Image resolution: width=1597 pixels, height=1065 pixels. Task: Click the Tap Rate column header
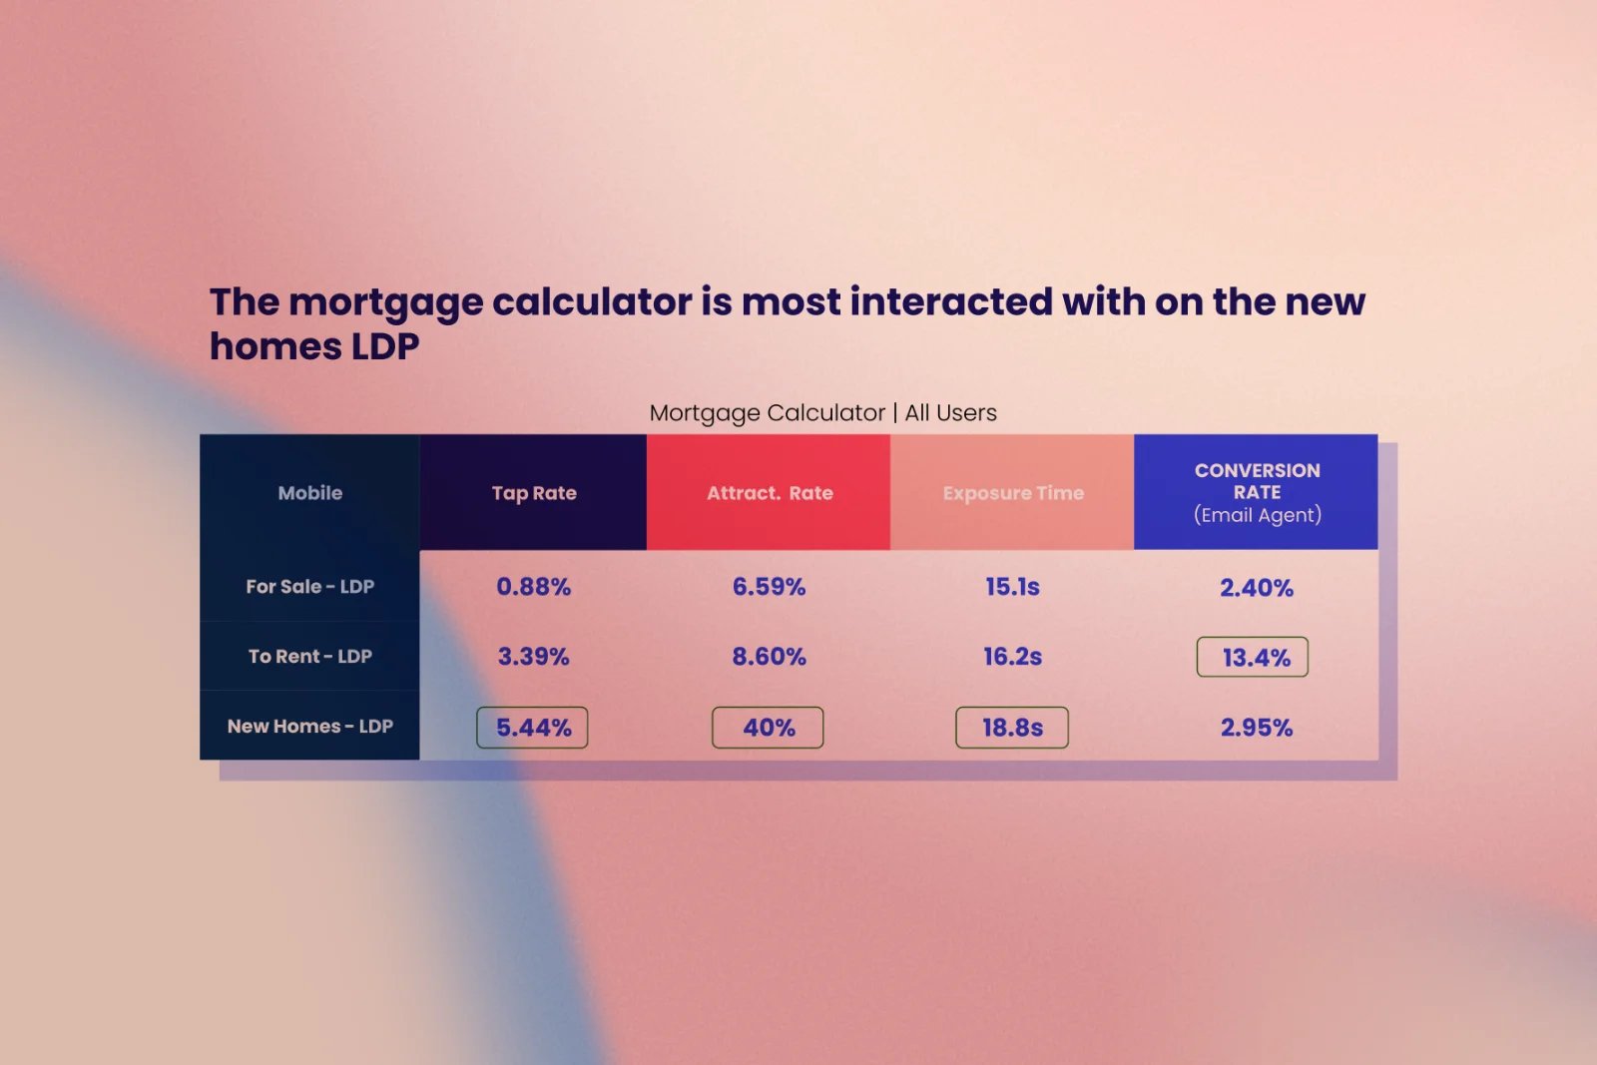point(533,493)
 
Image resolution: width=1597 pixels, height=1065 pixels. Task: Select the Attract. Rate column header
point(769,493)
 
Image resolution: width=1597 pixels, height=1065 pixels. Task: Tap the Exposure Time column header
point(1012,493)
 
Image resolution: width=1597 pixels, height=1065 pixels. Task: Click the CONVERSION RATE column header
point(1257,492)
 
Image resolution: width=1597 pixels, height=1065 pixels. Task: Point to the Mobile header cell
point(310,493)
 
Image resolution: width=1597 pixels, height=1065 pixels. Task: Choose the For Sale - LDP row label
point(310,586)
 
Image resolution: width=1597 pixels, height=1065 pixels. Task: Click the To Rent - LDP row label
point(310,656)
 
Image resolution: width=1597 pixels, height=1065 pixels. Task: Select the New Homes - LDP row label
point(310,726)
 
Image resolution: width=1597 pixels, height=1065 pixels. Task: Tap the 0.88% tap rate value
point(533,587)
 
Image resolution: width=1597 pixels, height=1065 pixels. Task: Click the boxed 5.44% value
point(533,727)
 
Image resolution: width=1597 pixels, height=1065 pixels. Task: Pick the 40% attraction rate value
point(768,727)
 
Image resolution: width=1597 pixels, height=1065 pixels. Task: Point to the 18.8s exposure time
point(1012,727)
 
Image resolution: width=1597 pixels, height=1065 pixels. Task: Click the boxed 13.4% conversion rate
point(1253,657)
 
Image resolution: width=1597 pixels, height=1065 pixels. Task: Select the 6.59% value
point(769,587)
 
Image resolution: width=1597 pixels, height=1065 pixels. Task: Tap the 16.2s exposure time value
point(1012,656)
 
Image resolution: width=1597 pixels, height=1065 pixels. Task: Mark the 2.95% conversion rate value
point(1257,727)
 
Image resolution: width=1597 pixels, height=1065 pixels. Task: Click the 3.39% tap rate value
point(533,656)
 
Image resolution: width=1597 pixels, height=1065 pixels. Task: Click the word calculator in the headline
point(592,301)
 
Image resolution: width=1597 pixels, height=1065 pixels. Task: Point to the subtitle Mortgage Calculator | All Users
point(822,413)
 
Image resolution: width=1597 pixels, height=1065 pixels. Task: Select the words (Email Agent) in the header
point(1258,515)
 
